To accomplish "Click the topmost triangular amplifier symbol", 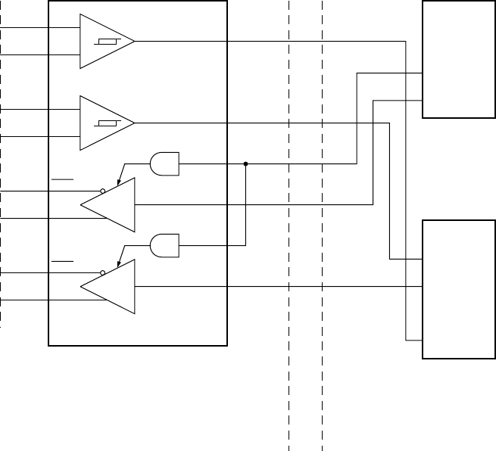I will pyautogui.click(x=104, y=41).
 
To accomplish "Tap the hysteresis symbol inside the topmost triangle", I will pyautogui.click(x=105, y=42).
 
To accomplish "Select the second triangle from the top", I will pyautogui.click(x=104, y=123).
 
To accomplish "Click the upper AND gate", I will pyautogui.click(x=164, y=163).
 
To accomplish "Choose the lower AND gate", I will pyautogui.click(x=164, y=244).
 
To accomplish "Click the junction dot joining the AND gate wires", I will pyautogui.click(x=246, y=163).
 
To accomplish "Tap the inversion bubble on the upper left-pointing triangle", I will pyautogui.click(x=102, y=191).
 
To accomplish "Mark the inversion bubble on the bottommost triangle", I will pyautogui.click(x=102, y=272).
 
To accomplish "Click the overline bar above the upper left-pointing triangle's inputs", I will pyautogui.click(x=63, y=180).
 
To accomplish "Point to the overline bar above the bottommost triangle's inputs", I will pyautogui.click(x=63, y=261).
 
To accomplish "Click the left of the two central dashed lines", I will pyautogui.click(x=289, y=378).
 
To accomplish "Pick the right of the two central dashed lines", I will pyautogui.click(x=323, y=378).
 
